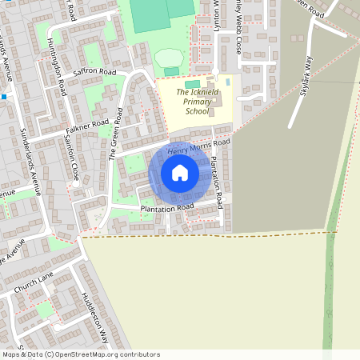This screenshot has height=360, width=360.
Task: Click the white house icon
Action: (x=180, y=173)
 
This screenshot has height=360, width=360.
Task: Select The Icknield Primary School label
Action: (x=186, y=104)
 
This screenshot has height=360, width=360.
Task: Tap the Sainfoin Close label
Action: (x=71, y=154)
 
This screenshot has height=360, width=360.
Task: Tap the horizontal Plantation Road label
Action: (x=167, y=208)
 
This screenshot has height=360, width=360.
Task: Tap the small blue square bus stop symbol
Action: (x=4, y=96)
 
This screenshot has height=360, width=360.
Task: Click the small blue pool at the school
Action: (x=229, y=81)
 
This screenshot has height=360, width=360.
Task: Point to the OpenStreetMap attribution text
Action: (x=81, y=354)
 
